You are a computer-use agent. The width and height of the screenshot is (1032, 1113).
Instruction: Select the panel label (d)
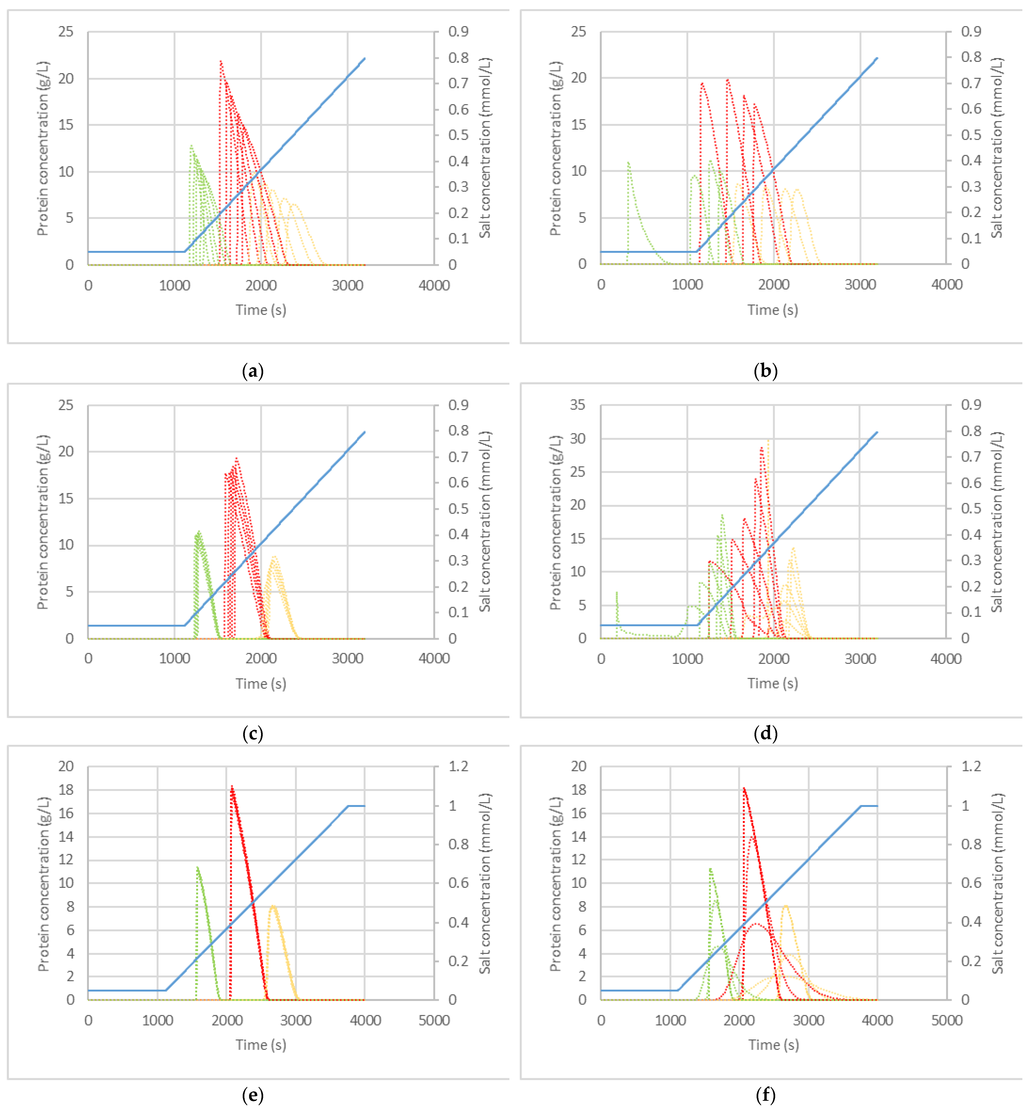(x=765, y=733)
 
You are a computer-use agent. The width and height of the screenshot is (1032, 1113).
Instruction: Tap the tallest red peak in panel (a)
(x=221, y=61)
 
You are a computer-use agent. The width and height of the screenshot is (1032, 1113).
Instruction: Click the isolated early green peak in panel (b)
(x=629, y=163)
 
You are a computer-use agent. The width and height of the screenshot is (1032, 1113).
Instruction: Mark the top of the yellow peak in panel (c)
(x=274, y=557)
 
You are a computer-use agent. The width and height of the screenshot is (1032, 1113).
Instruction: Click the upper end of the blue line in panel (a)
(x=364, y=58)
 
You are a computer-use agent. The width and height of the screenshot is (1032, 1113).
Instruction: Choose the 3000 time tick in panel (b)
(x=860, y=285)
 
